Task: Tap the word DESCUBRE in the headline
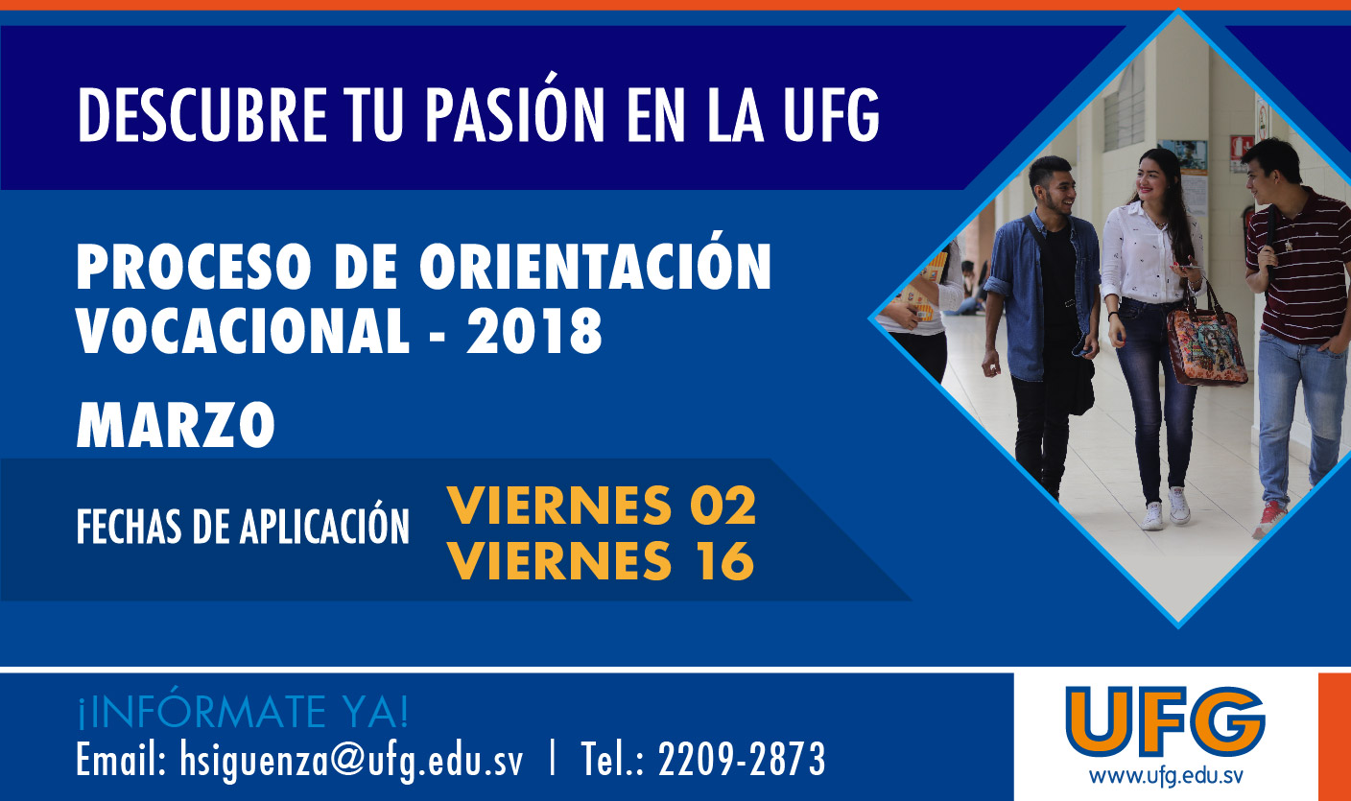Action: [x=202, y=114]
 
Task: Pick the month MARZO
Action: [x=176, y=424]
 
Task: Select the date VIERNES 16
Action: [x=601, y=560]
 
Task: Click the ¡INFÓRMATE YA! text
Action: [x=243, y=711]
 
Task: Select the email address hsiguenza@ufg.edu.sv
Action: [x=351, y=760]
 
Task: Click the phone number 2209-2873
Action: [x=742, y=759]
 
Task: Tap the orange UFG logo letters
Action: [x=1165, y=721]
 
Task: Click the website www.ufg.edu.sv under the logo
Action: [x=1166, y=776]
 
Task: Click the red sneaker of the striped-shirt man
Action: [x=1269, y=518]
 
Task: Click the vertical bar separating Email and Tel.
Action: [x=553, y=758]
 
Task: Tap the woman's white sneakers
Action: [x=1166, y=509]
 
